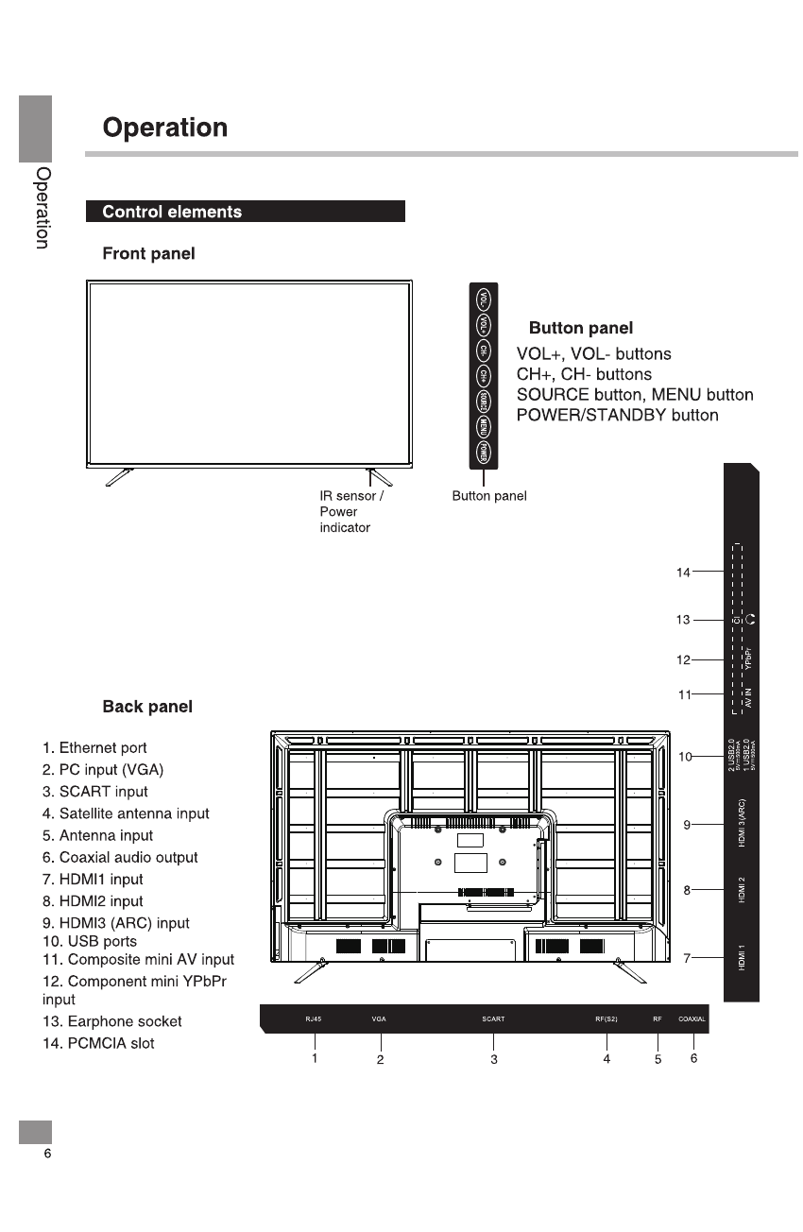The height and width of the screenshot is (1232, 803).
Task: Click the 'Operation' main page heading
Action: tap(165, 128)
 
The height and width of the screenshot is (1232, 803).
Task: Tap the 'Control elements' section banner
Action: tap(172, 212)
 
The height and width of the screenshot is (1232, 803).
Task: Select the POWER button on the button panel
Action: tap(483, 453)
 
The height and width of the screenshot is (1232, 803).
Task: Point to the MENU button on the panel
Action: tap(483, 427)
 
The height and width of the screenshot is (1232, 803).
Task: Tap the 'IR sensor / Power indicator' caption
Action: tap(351, 511)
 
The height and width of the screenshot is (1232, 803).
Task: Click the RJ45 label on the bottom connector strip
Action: tap(314, 1019)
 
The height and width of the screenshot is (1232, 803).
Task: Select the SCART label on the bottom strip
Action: tap(493, 1019)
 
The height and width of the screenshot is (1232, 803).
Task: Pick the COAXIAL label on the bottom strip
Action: tap(692, 1019)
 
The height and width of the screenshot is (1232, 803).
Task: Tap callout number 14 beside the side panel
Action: tap(683, 572)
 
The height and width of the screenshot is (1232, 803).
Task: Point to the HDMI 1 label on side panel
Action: tap(743, 957)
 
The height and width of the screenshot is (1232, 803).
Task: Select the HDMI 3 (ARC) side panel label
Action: tap(743, 821)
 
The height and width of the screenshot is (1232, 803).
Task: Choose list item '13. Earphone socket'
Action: tap(111, 1021)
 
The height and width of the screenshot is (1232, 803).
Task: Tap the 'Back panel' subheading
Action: tap(147, 707)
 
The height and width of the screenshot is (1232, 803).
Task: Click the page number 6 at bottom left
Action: tap(46, 1155)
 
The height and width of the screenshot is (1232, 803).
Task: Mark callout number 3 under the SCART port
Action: tap(493, 1060)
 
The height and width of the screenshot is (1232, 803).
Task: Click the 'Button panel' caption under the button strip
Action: tap(488, 496)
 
